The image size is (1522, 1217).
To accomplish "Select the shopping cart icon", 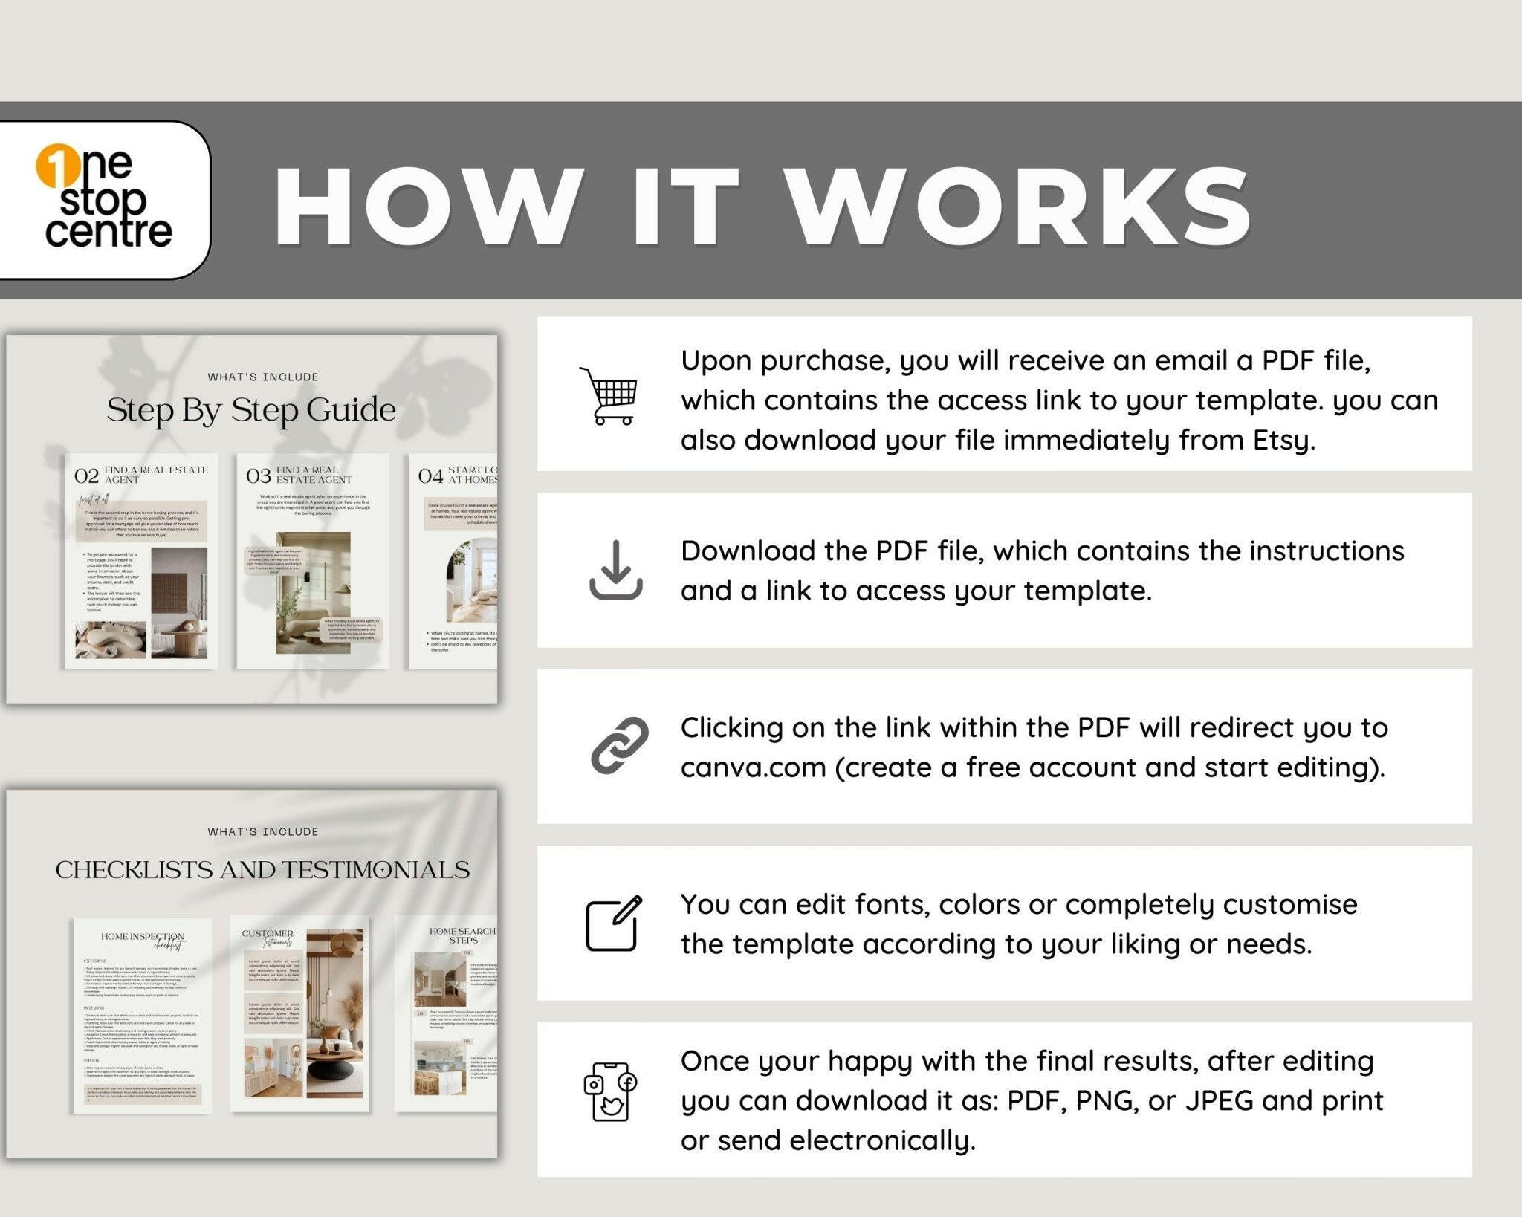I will point(609,395).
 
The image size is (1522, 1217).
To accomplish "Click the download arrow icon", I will point(615,570).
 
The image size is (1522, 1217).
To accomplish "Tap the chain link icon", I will point(619,746).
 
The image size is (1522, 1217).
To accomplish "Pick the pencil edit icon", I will point(614,924).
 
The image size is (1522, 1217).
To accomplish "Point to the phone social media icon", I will point(609,1091).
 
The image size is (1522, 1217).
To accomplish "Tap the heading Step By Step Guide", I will point(251,410).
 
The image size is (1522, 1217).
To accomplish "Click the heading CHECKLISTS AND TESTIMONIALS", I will point(262,869).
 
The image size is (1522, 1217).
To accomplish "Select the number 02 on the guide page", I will point(86,476).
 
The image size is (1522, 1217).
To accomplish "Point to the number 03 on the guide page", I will point(259,476).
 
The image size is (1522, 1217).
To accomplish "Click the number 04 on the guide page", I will point(430,476).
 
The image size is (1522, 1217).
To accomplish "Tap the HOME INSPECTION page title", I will point(142,937).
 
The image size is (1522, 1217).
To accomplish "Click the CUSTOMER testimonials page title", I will point(268,934).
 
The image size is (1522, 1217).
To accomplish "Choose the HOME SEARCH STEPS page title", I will point(462,935).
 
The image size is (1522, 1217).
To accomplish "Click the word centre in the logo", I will point(109,232).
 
